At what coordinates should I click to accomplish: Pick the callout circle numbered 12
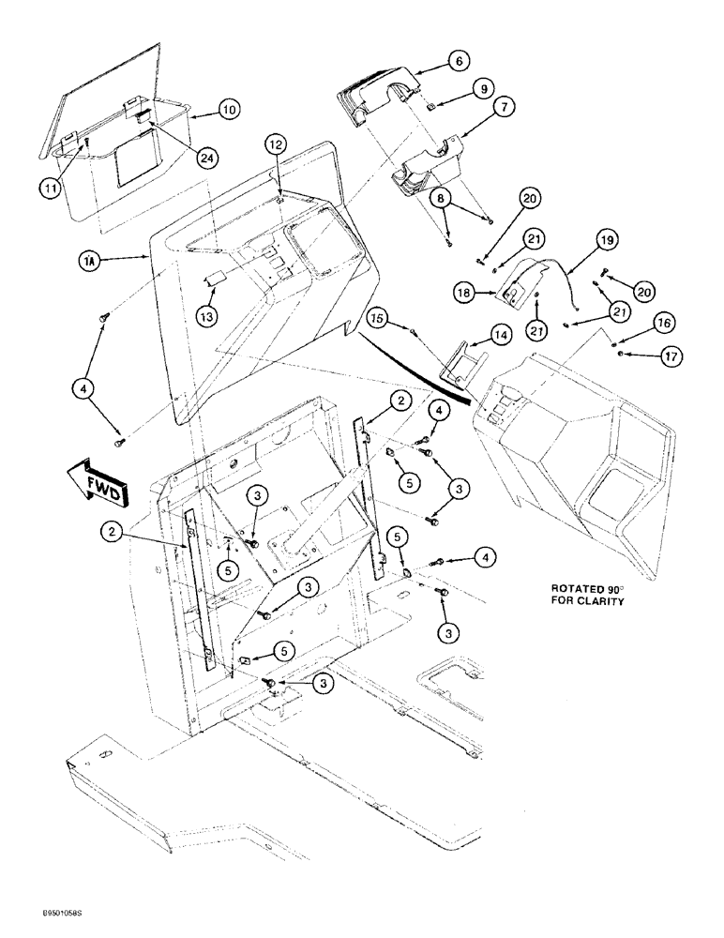tap(273, 144)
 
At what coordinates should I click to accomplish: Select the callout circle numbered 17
tap(649, 356)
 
